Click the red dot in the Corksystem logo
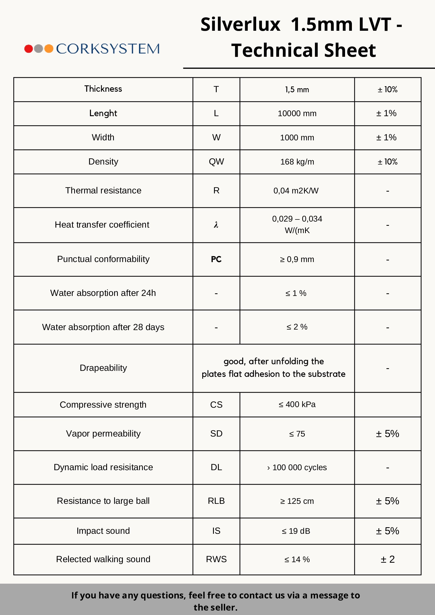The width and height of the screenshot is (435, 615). pos(28,48)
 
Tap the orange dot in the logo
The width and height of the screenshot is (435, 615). pos(49,48)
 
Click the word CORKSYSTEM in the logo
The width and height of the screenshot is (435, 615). pos(108,49)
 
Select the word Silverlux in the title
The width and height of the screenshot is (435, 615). pos(240,25)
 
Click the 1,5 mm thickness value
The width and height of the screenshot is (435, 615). pos(297,89)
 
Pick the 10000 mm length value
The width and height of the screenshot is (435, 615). pos(297,114)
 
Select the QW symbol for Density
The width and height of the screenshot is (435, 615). pos(216,162)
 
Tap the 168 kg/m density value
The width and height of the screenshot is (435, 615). pos(297,162)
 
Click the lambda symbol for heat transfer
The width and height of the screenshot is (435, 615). pos(216,225)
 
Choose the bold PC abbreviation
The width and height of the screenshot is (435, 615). pos(216,259)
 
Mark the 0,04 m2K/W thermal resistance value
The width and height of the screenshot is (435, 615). pos(296,191)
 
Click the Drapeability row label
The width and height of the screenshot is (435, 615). pos(103,368)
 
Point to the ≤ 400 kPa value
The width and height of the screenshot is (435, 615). pos(297,404)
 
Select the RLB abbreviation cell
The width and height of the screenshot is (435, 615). pos(216,501)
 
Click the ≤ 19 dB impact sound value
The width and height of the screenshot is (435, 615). pos(296,531)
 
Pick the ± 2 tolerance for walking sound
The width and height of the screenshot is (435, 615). pos(388,559)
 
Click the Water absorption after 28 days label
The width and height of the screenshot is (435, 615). pos(103,327)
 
